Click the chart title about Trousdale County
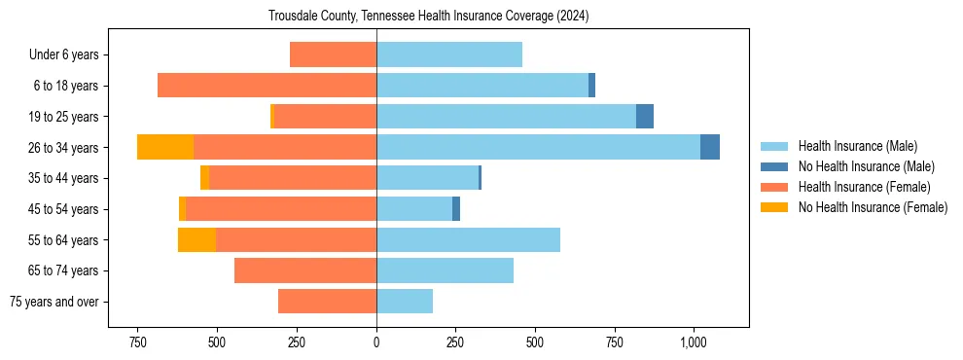pos(428,17)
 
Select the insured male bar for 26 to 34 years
pos(538,147)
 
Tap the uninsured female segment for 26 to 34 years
pos(165,147)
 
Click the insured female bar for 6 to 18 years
pos(267,86)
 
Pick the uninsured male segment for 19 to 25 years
pos(645,117)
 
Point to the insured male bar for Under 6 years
pos(449,54)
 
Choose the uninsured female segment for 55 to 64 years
pos(196,239)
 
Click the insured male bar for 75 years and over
pos(405,302)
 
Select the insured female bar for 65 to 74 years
pos(305,270)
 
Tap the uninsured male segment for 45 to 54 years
pos(456,209)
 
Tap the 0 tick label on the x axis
pos(376,342)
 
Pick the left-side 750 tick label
pos(137,342)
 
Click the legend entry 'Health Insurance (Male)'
pos(857,146)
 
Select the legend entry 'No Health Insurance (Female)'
pos(873,207)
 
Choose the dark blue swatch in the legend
pos(775,166)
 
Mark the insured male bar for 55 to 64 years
pos(468,239)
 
